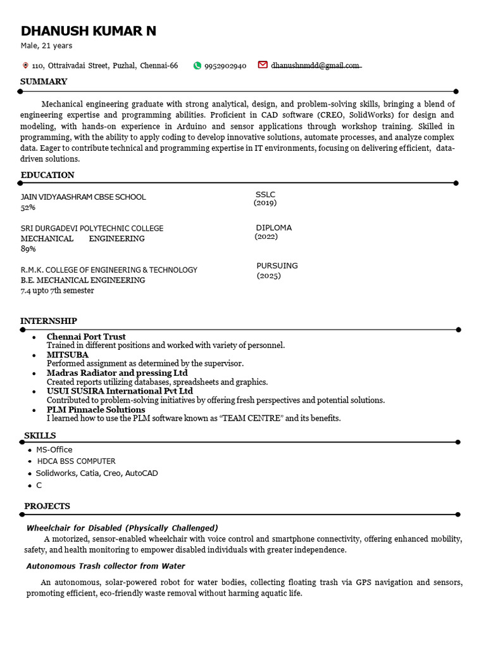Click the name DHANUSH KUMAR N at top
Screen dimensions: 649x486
89,31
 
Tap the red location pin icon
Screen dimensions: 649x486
25,65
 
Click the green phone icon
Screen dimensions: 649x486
197,65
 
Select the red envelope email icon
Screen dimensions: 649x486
263,65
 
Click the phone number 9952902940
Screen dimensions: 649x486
225,66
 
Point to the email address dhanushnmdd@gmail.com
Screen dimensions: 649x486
315,65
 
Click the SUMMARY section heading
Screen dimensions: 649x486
44,82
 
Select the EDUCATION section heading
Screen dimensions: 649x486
47,175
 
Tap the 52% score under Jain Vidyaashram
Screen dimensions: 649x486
28,207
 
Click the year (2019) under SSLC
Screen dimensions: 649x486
265,203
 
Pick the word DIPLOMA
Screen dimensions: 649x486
274,228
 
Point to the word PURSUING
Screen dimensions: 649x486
277,266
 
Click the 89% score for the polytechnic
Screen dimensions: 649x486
28,249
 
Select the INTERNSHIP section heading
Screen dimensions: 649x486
49,321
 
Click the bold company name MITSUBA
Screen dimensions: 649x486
68,355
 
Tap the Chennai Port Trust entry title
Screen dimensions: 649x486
86,337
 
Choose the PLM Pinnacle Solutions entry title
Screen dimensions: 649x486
96,409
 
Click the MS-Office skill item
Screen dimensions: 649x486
54,449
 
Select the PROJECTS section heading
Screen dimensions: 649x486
47,506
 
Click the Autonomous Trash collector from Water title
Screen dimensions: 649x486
106,566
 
